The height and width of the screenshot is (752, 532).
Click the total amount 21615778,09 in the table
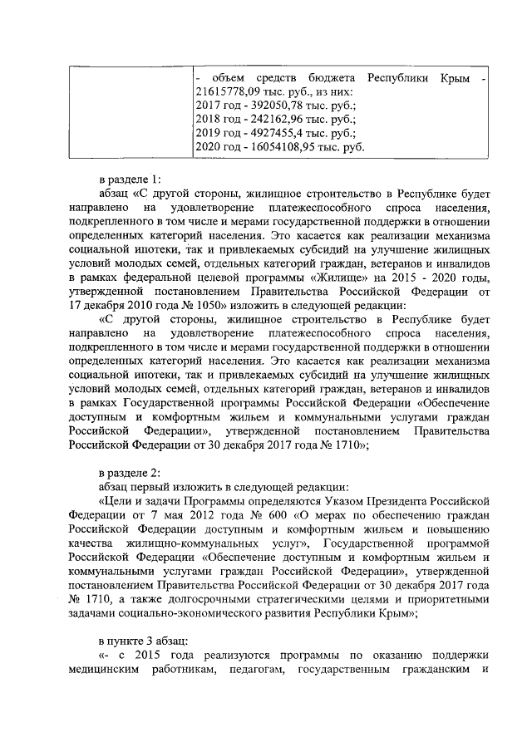pyautogui.click(x=229, y=92)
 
